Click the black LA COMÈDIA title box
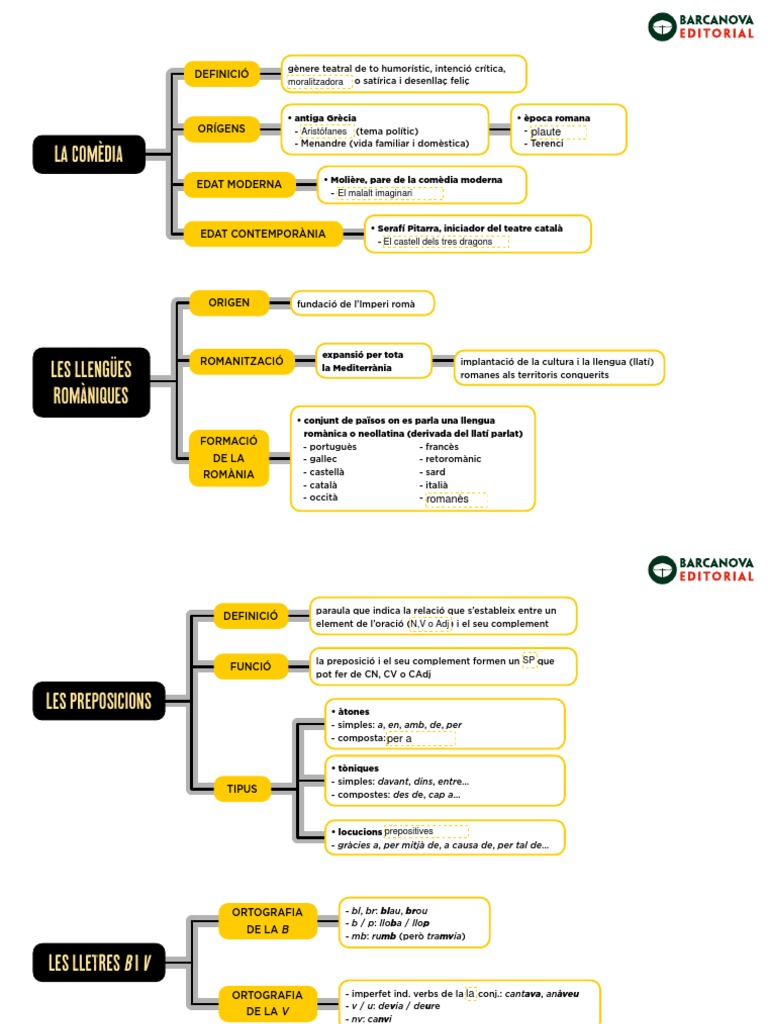pyautogui.click(x=89, y=154)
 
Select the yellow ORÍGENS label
pyautogui.click(x=220, y=128)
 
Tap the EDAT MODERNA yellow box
pyautogui.click(x=240, y=184)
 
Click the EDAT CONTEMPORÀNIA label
pyautogui.click(x=262, y=234)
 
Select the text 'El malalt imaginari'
pyautogui.click(x=375, y=192)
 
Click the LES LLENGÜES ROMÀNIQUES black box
pyautogui.click(x=90, y=382)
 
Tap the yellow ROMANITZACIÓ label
pyautogui.click(x=242, y=360)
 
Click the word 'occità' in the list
pyautogui.click(x=324, y=497)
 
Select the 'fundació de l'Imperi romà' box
pyautogui.click(x=363, y=303)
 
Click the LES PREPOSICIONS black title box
pyautogui.click(x=98, y=700)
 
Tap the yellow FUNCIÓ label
pyautogui.click(x=250, y=666)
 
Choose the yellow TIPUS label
pyautogui.click(x=241, y=789)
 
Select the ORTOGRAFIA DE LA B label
pyautogui.click(x=267, y=921)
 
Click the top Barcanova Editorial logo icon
pyautogui.click(x=662, y=27)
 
